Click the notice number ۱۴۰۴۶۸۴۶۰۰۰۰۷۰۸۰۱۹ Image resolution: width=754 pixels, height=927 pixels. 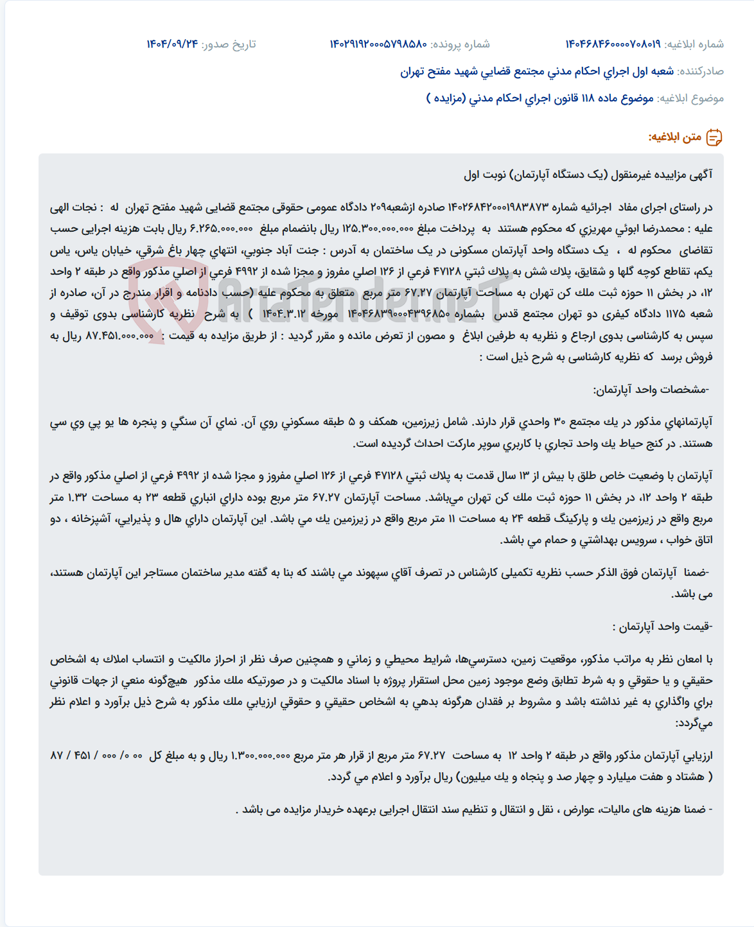coord(612,44)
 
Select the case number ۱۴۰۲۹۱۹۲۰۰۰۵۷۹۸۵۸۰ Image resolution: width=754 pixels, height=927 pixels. coord(378,44)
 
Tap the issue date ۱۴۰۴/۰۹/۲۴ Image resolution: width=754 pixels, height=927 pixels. coord(172,44)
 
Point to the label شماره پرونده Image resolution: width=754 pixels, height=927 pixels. coord(460,44)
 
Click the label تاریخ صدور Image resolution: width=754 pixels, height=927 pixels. coord(229,44)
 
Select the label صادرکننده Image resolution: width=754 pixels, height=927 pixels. coord(701,71)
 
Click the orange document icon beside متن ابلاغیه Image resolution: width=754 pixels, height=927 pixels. coord(714,137)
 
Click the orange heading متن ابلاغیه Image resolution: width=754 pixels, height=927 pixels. coord(674,137)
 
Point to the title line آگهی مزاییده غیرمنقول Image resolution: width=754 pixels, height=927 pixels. coord(588,175)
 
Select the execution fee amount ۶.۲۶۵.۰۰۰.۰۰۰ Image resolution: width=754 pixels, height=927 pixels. coord(222,229)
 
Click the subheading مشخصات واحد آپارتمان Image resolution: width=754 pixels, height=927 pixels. coord(651,390)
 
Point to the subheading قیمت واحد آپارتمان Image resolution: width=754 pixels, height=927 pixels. coord(662,627)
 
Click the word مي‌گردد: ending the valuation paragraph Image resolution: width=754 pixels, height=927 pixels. coord(694,723)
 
